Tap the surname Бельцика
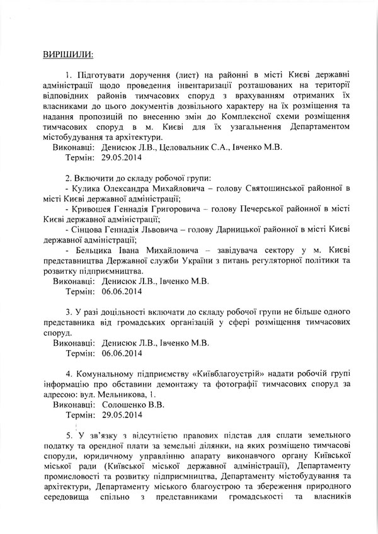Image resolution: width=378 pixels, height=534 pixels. [96, 250]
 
